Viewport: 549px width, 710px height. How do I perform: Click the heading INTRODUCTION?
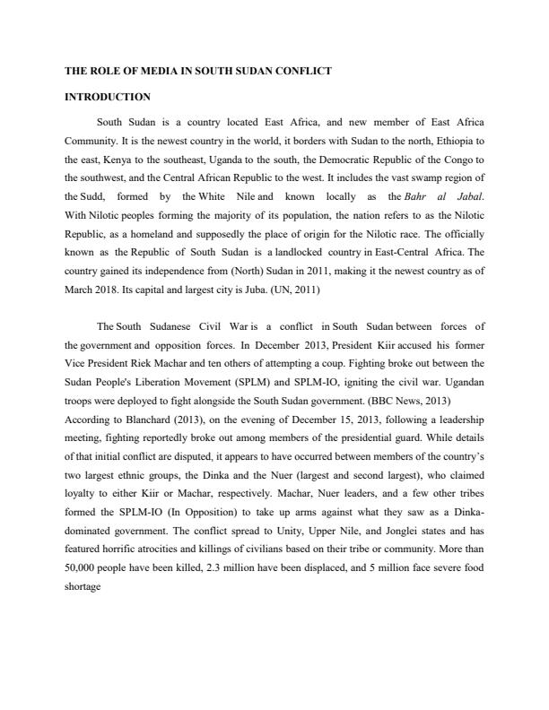click(x=108, y=97)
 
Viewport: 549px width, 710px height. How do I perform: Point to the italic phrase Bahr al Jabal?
click(x=456, y=195)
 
